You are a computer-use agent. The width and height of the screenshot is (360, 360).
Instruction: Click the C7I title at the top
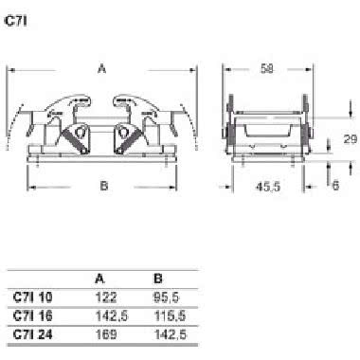15,21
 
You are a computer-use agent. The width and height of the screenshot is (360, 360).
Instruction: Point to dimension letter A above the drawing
101,68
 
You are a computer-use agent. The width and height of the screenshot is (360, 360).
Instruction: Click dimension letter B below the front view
104,186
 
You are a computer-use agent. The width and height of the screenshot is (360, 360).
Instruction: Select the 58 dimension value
267,68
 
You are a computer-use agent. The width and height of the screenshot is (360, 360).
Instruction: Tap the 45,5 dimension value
268,187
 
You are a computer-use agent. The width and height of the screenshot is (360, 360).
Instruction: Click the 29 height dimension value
351,139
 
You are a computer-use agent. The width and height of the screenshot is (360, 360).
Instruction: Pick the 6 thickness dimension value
335,186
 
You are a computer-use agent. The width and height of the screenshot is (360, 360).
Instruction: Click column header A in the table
99,279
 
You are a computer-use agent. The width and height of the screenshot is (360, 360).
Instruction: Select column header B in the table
158,279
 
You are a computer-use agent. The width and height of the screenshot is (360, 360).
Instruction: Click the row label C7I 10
33,297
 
